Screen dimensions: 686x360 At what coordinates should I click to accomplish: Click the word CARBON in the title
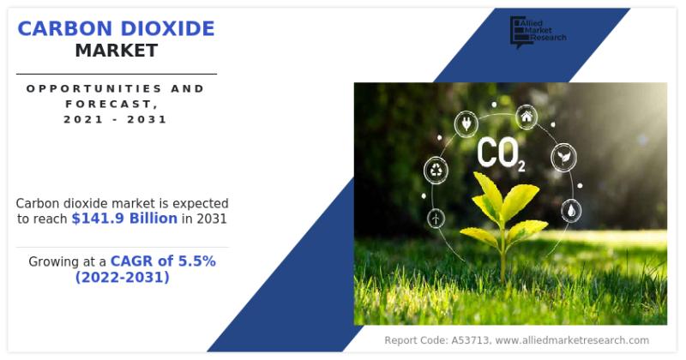[65, 29]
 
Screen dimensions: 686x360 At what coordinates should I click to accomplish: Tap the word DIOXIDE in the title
[167, 29]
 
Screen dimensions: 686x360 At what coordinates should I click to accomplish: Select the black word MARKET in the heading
[117, 51]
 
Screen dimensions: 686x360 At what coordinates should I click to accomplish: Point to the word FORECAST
[112, 104]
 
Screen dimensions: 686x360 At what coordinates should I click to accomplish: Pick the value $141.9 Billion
[124, 219]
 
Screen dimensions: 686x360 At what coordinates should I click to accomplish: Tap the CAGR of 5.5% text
[163, 261]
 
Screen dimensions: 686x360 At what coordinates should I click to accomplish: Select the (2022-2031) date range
[122, 277]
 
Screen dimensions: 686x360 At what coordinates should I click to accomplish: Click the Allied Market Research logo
[539, 32]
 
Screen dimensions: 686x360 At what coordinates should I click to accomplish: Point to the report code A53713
[470, 340]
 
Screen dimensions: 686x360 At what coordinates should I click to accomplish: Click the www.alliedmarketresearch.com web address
[572, 340]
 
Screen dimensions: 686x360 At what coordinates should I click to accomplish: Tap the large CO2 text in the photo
[501, 153]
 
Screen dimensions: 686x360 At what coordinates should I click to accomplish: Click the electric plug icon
[466, 123]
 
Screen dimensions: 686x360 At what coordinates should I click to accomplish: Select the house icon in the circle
[527, 117]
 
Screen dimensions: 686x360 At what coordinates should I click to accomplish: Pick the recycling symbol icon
[436, 170]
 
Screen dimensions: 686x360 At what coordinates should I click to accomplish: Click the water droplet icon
[571, 211]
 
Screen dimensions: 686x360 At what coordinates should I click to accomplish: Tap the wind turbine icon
[436, 218]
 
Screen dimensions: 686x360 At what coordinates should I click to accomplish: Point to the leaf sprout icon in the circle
[563, 157]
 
